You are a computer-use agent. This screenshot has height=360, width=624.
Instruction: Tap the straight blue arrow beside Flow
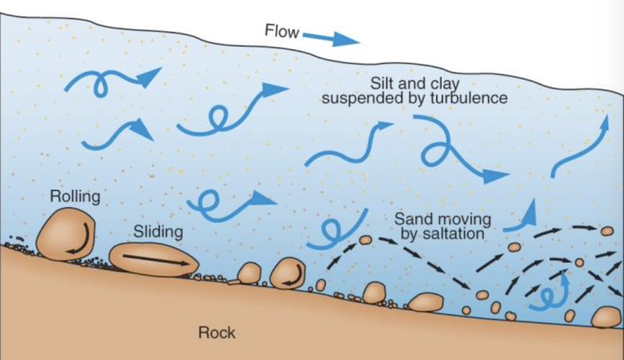click(x=331, y=38)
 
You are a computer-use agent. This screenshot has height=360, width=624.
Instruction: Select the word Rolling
click(x=74, y=197)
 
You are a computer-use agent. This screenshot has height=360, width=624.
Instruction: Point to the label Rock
click(x=217, y=333)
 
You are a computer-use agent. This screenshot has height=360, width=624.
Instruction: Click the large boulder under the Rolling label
click(x=65, y=234)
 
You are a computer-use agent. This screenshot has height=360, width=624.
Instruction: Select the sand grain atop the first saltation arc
click(x=365, y=239)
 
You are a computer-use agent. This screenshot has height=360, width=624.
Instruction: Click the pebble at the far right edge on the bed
click(x=605, y=317)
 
